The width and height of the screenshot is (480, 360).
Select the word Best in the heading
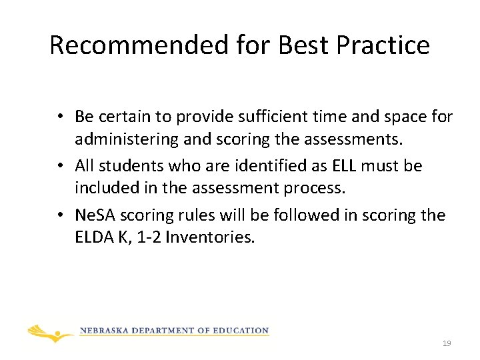(304, 45)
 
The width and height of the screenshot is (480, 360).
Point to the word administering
(125, 141)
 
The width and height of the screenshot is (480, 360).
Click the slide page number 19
(447, 343)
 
